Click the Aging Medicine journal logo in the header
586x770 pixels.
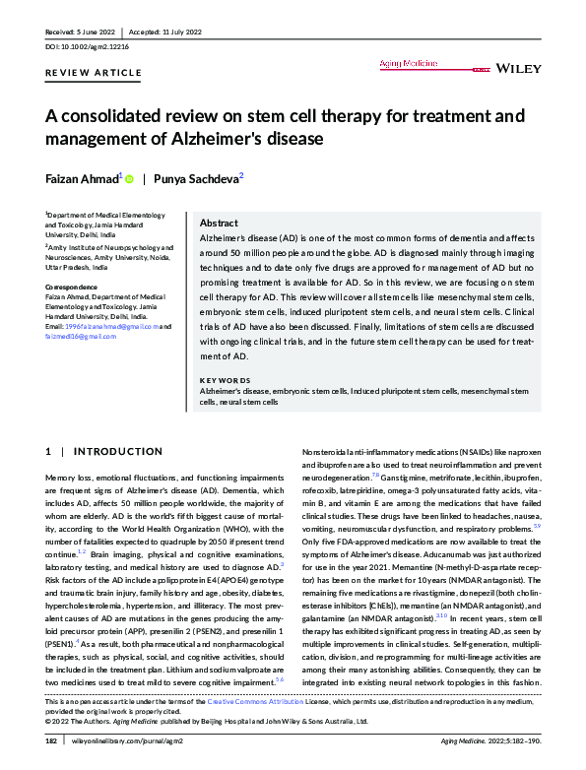[x=420, y=64]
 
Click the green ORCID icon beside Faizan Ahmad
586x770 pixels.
[x=129, y=178]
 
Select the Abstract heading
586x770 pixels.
[x=219, y=224]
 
